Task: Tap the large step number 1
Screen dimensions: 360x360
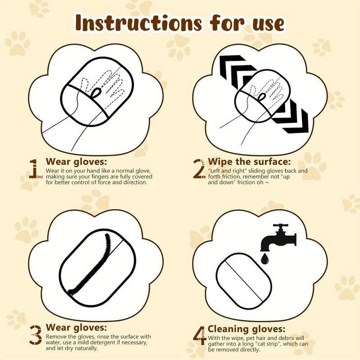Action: coord(33,169)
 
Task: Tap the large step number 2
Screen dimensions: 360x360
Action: coord(198,169)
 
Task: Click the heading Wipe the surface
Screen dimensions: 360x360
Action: coord(249,162)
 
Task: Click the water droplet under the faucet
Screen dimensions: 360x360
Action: coord(265,259)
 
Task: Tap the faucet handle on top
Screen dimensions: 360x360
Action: coord(282,226)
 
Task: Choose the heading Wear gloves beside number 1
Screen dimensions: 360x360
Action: coord(76,162)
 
